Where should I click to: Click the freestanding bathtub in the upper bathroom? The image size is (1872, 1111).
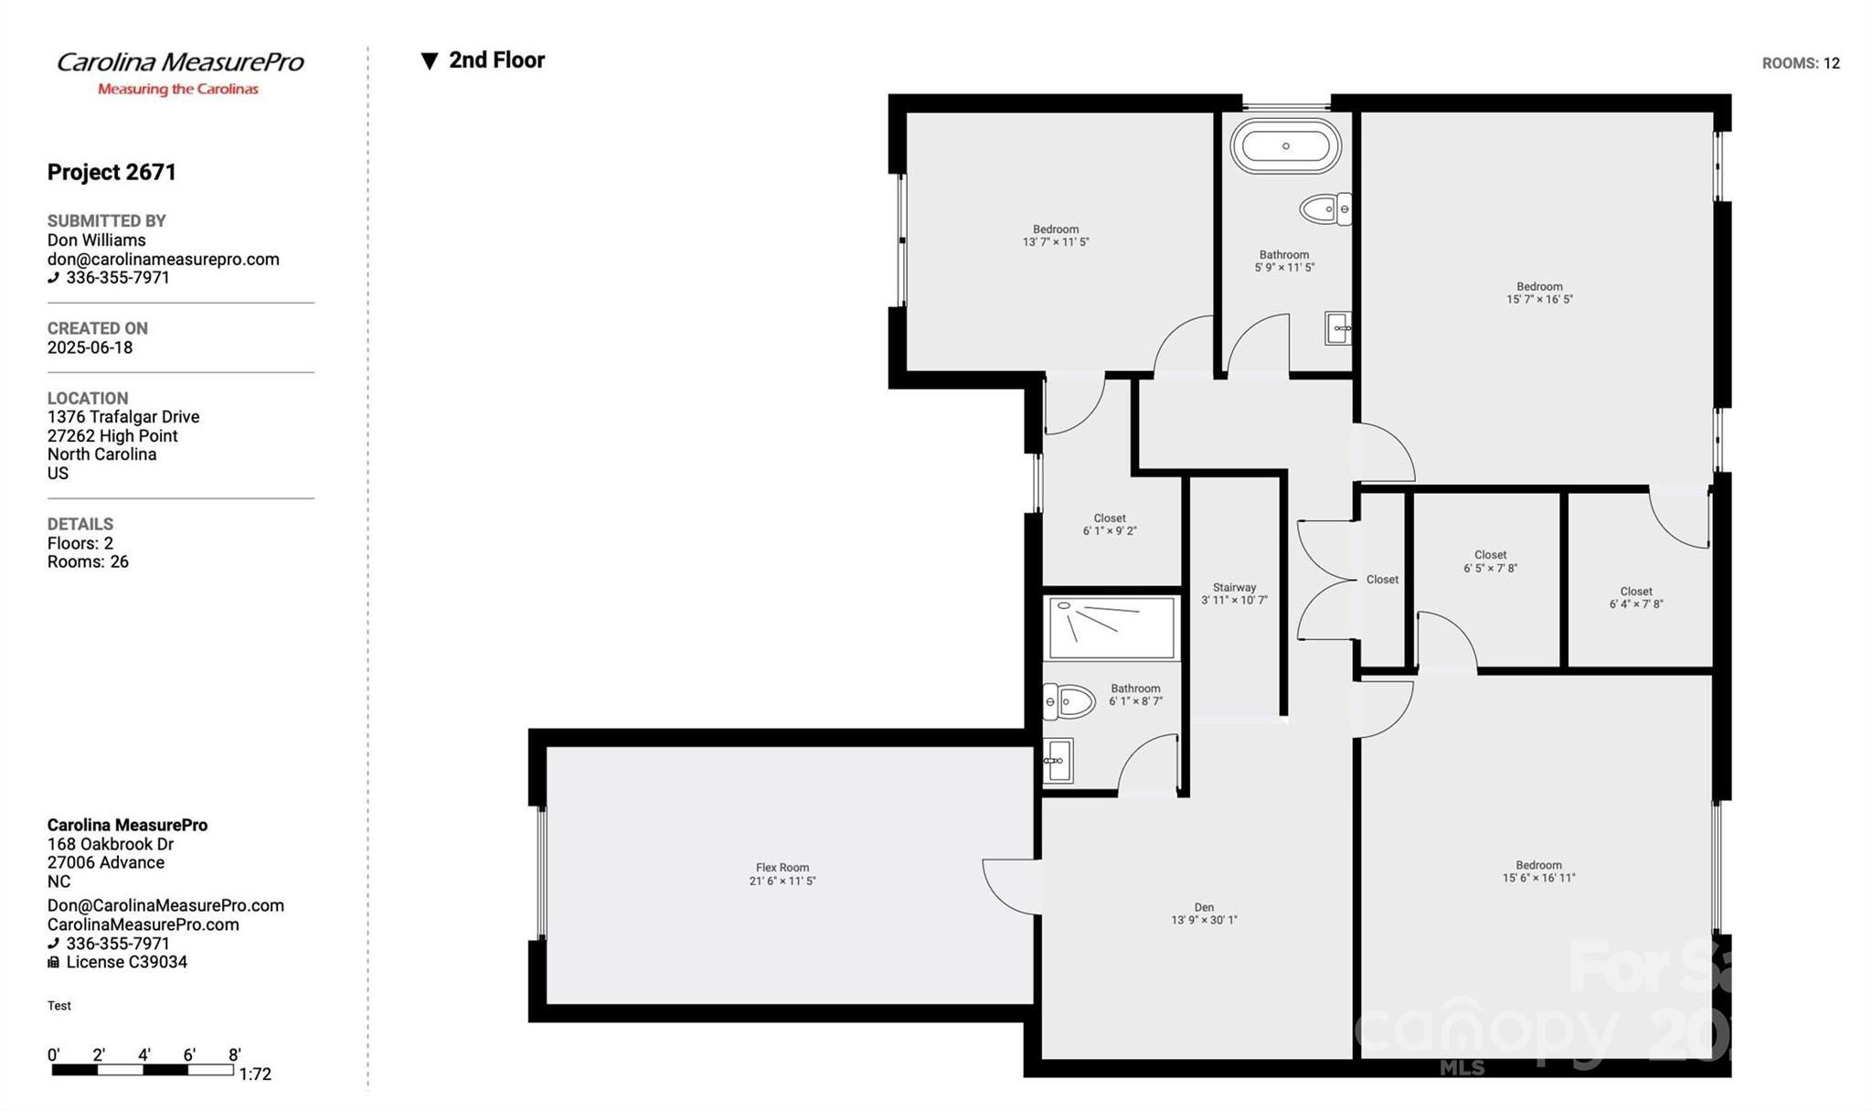(x=1285, y=146)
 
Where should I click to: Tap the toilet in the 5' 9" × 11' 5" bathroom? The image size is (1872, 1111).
(x=1325, y=209)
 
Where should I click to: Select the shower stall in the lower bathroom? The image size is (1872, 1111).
(x=1111, y=628)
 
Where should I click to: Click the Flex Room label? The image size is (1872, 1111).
(x=782, y=874)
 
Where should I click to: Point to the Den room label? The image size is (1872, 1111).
(x=1204, y=913)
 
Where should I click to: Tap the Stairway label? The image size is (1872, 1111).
(x=1234, y=593)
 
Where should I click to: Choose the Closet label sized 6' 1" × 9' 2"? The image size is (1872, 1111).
(x=1110, y=524)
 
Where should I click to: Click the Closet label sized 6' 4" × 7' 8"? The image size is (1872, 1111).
(x=1636, y=597)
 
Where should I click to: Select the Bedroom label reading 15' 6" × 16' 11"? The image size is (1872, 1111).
(x=1538, y=871)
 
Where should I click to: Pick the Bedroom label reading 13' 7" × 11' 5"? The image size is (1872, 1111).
(x=1056, y=236)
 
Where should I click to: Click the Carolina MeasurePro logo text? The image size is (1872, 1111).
(x=180, y=63)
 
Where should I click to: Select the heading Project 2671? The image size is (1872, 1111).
(x=112, y=172)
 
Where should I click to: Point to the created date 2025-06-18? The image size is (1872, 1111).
(x=90, y=347)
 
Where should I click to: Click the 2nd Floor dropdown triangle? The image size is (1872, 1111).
(x=430, y=61)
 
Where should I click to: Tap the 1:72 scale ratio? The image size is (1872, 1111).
(x=255, y=1074)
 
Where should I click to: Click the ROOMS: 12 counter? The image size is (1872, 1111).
(x=1801, y=63)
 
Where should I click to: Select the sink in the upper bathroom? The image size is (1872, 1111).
(x=1338, y=328)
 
